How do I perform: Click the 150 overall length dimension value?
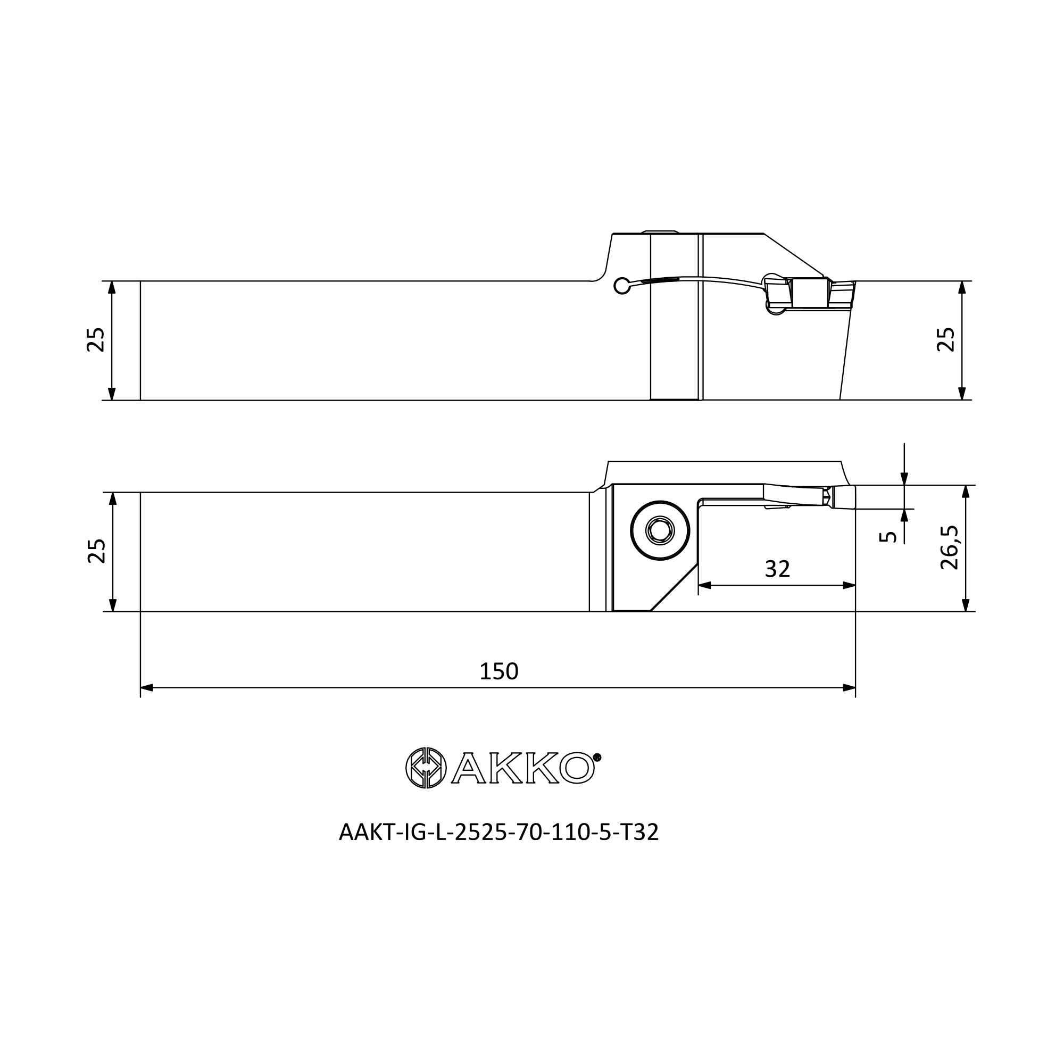coord(499,671)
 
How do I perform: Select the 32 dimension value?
coord(778,569)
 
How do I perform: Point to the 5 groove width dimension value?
coord(888,537)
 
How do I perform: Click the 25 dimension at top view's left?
coord(96,340)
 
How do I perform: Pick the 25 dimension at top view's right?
coord(946,340)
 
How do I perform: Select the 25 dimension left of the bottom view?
coord(96,551)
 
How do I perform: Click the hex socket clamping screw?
coord(660,531)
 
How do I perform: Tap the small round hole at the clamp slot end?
coord(622,285)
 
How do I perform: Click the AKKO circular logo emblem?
coord(426,768)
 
